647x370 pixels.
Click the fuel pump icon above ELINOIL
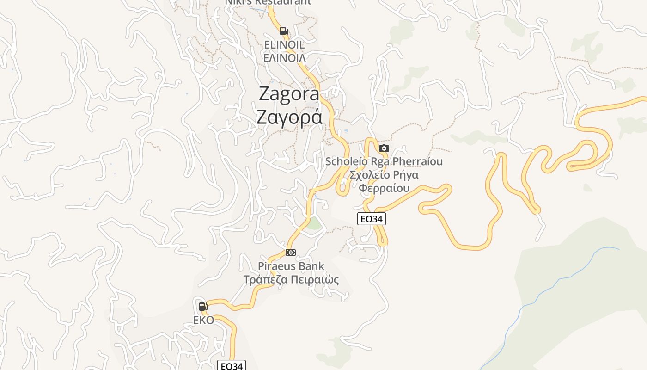[x=284, y=31]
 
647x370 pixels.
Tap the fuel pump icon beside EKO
[x=203, y=306]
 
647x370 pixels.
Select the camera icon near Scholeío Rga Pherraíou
[x=384, y=148]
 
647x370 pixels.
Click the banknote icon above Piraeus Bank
[x=290, y=252]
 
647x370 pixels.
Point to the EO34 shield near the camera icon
[x=371, y=219]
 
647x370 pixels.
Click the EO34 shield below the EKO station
[x=231, y=366]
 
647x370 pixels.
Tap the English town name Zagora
[x=289, y=94]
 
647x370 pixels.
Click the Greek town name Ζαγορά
[x=289, y=117]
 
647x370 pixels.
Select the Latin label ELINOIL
[x=284, y=45]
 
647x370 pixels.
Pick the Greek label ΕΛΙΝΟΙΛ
[x=284, y=58]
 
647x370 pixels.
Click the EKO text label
[x=203, y=320]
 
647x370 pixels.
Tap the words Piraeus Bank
[x=291, y=266]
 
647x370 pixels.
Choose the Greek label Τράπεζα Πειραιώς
[x=291, y=280]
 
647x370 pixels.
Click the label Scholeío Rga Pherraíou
[x=384, y=161]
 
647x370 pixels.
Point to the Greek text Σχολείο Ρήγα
[x=384, y=175]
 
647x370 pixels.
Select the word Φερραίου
[x=385, y=188]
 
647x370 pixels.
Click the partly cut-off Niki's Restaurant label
[x=268, y=2]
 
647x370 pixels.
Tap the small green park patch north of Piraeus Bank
[x=314, y=224]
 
